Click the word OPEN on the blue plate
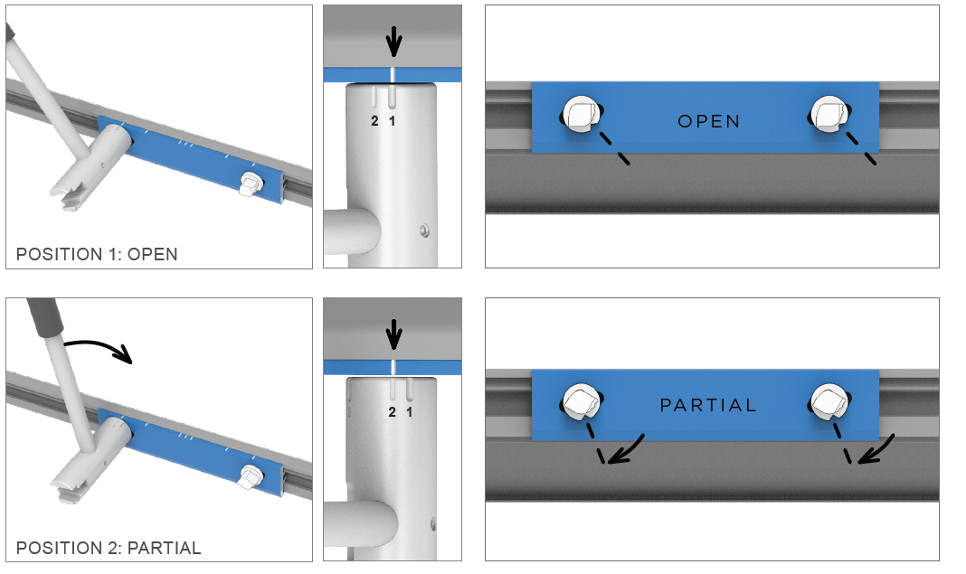click(x=708, y=121)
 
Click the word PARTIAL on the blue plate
click(x=708, y=405)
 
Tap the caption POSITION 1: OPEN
click(x=97, y=254)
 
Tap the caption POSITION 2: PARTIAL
click(x=109, y=548)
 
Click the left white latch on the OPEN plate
click(x=579, y=113)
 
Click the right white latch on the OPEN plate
click(x=829, y=113)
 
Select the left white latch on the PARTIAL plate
click(x=579, y=398)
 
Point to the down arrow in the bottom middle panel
click(x=393, y=336)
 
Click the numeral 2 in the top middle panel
click(x=375, y=120)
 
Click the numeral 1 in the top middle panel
click(x=393, y=120)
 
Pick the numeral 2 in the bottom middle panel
click(x=393, y=412)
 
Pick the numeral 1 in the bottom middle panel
click(x=409, y=412)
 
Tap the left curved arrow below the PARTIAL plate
click(x=625, y=449)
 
